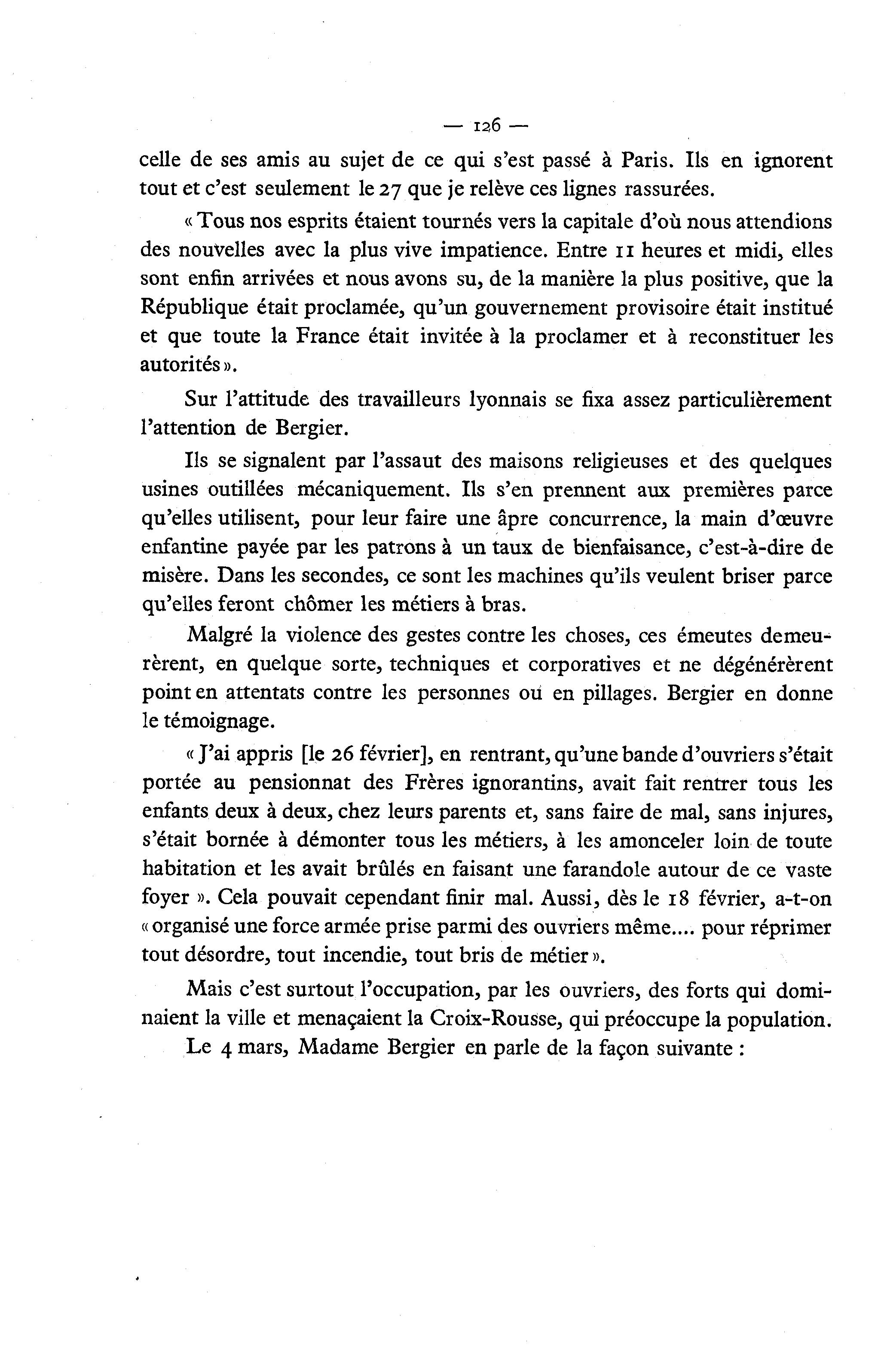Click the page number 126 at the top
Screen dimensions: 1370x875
[486, 126]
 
